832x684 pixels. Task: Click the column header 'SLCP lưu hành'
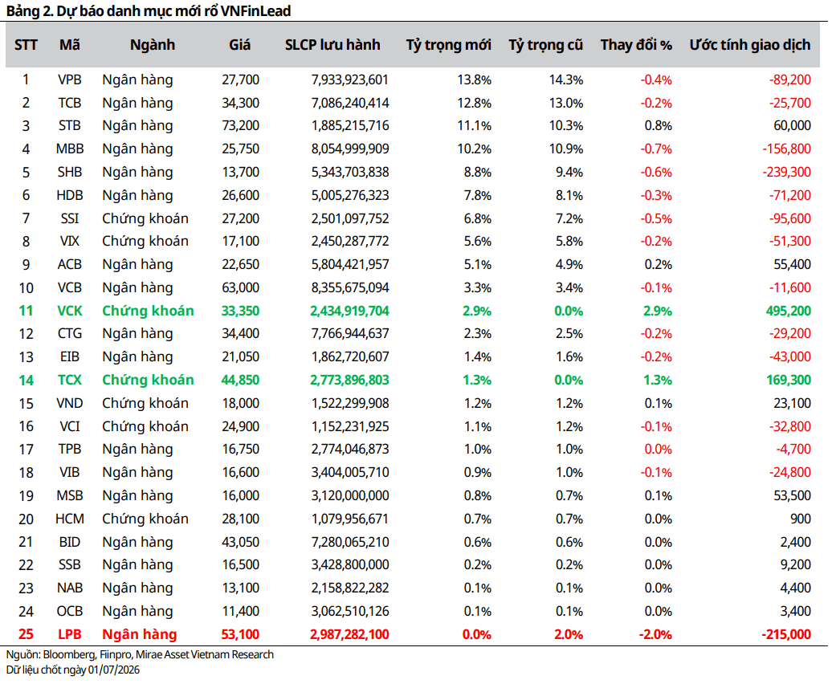[x=332, y=45]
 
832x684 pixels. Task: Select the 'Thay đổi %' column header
[x=636, y=45]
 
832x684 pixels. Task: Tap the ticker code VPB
[x=70, y=79]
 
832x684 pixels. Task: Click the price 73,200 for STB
[x=240, y=126]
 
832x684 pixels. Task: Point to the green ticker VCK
[x=70, y=311]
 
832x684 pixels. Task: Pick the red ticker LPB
[x=70, y=634]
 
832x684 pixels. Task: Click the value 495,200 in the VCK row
[x=788, y=311]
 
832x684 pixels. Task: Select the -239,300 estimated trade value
[x=786, y=173]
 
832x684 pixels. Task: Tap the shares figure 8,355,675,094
[x=350, y=288]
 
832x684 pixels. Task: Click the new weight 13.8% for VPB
[x=475, y=79]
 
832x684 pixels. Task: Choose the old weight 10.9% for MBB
[x=566, y=149]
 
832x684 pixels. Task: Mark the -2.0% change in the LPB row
[x=655, y=634]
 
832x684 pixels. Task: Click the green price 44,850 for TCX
[x=240, y=381]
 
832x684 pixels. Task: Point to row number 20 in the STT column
[x=26, y=519]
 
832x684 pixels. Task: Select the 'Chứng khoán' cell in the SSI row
[x=145, y=218]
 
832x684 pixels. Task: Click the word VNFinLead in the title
[x=255, y=10]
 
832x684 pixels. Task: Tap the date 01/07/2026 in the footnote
[x=113, y=670]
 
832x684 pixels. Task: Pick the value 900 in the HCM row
[x=801, y=519]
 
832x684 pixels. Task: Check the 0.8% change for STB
[x=659, y=126]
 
